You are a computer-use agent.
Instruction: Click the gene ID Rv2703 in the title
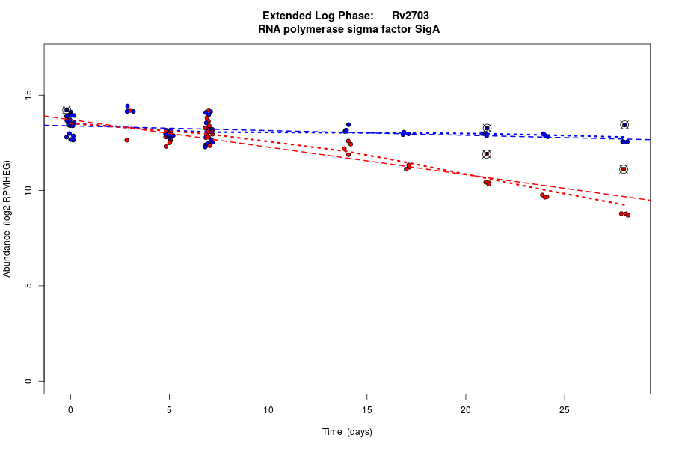(x=410, y=16)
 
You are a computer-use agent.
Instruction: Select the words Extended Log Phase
(x=318, y=16)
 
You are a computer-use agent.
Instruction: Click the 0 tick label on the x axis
(x=70, y=409)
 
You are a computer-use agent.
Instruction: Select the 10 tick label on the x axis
(x=268, y=409)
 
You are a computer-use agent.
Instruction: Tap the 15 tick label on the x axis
(x=366, y=409)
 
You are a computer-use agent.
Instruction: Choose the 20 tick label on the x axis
(x=465, y=409)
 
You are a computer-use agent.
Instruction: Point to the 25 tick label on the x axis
(x=564, y=409)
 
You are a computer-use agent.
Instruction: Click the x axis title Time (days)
(x=347, y=432)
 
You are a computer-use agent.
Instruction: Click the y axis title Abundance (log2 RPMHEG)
(x=7, y=219)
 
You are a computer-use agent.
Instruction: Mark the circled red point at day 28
(x=624, y=169)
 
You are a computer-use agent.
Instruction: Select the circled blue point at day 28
(x=624, y=125)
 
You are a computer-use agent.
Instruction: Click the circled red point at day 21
(x=487, y=154)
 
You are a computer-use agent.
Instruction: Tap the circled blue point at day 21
(x=487, y=128)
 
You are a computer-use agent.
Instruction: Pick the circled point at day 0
(x=67, y=110)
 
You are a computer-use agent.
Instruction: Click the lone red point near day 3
(x=127, y=140)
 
